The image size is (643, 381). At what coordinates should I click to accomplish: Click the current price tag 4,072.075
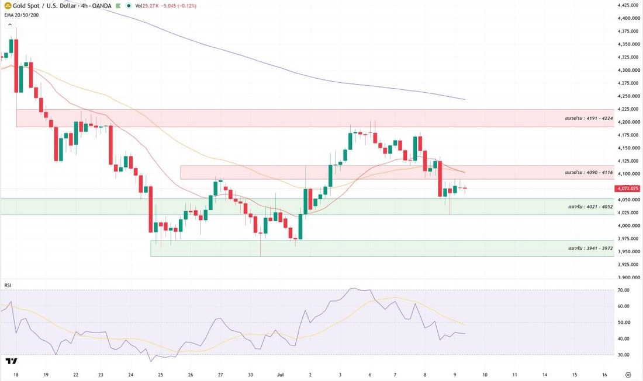pos(627,188)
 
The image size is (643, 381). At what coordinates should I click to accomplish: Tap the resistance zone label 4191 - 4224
pos(589,118)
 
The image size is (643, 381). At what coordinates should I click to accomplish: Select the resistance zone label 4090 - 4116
pos(589,172)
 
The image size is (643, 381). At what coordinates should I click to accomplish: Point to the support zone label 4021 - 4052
pos(590,207)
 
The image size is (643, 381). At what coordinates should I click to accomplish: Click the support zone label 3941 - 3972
pos(590,248)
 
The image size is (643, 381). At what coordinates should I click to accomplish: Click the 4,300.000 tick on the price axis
pos(628,70)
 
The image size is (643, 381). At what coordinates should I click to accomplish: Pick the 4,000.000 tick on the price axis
pos(628,225)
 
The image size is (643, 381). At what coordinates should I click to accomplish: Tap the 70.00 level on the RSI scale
pos(623,290)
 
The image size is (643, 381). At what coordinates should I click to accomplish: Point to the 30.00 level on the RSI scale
pos(623,355)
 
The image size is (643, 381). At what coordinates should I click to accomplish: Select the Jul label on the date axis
pos(281,375)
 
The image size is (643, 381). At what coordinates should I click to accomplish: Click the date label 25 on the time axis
pos(160,375)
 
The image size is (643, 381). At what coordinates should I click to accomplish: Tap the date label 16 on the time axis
pos(604,375)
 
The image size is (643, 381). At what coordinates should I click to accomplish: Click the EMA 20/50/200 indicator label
pos(22,15)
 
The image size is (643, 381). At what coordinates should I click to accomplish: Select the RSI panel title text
pos(8,285)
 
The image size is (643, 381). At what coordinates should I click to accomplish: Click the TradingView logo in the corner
pos(11,361)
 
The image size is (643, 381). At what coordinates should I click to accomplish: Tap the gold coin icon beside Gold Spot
pos(8,6)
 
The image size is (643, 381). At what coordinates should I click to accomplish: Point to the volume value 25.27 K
pos(150,6)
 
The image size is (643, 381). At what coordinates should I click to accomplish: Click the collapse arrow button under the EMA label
pos(9,25)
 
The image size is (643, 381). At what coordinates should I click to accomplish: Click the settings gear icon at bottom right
pos(628,375)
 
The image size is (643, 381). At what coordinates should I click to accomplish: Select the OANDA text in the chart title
pos(102,6)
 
